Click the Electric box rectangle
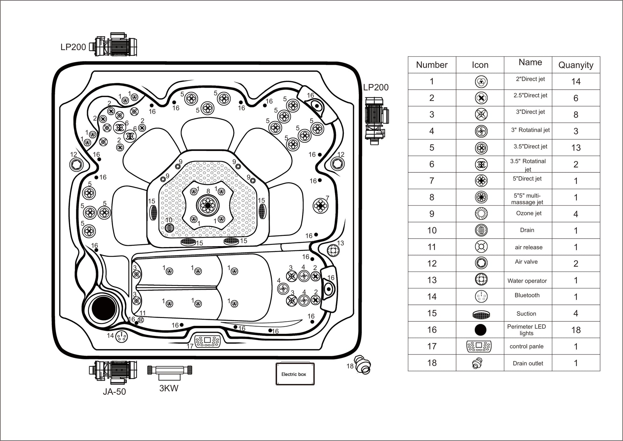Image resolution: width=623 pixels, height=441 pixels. tap(295, 374)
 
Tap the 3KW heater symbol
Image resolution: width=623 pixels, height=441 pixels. tap(169, 370)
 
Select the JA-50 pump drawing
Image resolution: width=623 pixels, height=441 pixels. tap(113, 372)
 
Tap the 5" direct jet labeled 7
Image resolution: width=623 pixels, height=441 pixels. tap(320, 205)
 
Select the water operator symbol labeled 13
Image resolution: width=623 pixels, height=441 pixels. tap(333, 250)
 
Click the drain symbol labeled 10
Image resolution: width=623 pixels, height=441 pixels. tap(169, 228)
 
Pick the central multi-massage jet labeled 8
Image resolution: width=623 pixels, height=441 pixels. tap(208, 205)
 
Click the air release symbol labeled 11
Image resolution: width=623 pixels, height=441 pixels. tap(141, 320)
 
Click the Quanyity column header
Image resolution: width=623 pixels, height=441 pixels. tap(576, 65)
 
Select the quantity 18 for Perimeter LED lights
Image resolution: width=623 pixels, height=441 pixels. tap(576, 330)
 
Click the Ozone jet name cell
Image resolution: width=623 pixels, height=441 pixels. tap(529, 213)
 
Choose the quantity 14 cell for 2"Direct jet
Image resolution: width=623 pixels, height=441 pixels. tap(576, 81)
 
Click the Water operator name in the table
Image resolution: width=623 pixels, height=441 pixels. tap(527, 281)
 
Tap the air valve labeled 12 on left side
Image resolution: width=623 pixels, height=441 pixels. tap(76, 165)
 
